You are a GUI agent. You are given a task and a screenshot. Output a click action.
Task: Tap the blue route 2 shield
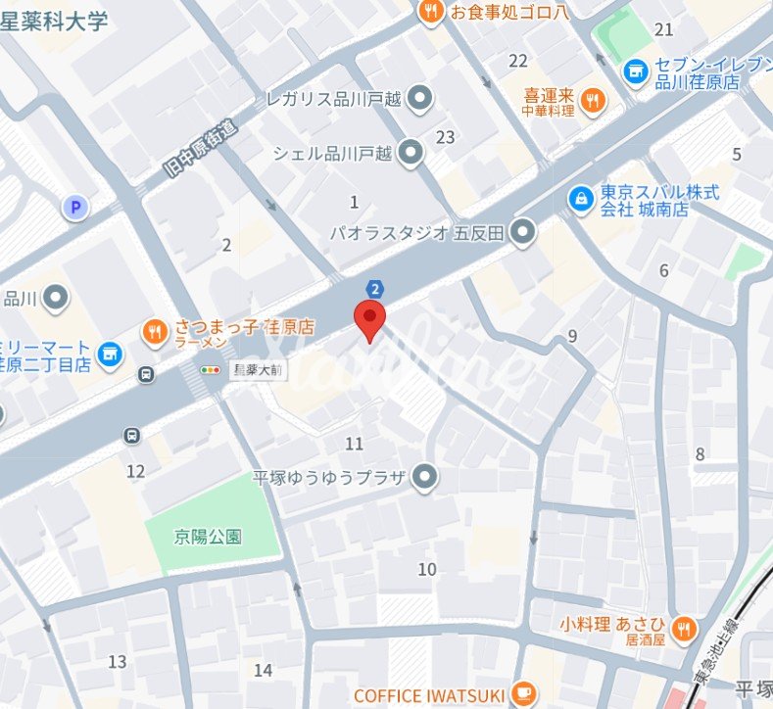[374, 289]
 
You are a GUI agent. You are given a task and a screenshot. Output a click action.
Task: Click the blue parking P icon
[73, 207]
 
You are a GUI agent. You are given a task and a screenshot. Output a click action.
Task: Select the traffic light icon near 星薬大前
[210, 371]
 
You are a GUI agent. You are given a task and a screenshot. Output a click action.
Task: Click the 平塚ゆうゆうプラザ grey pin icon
[424, 478]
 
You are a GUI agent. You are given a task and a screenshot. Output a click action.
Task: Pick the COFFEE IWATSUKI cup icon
[523, 694]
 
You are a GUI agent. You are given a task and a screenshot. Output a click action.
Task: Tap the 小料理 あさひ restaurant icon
[686, 628]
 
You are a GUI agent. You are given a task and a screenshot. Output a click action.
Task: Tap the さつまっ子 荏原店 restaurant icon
[154, 333]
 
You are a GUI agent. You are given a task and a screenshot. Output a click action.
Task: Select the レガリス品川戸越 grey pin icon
[420, 98]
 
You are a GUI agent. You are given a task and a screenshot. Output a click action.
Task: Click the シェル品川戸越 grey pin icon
[411, 153]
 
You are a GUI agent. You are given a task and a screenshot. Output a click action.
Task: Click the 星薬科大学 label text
[54, 22]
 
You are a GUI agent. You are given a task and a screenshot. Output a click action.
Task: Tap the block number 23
[446, 137]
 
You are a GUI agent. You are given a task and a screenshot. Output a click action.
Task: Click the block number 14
[263, 670]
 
